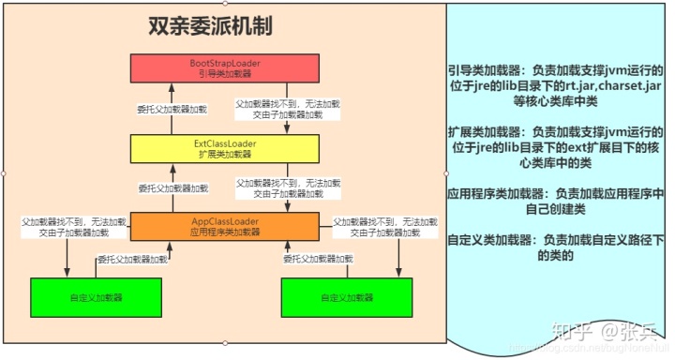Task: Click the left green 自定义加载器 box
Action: click(x=96, y=297)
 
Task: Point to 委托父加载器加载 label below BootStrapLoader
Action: click(x=172, y=110)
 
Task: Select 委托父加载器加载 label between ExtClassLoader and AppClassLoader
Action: click(x=172, y=188)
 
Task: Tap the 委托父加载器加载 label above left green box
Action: click(x=133, y=260)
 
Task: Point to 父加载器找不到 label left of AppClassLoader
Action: click(x=65, y=227)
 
